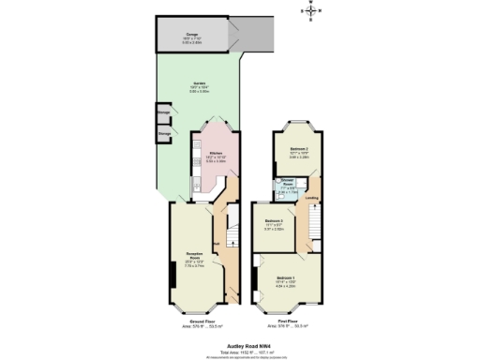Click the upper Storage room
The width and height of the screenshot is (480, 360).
(164, 113)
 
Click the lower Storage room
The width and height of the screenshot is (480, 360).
(164, 135)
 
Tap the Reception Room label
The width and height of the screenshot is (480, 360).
(194, 258)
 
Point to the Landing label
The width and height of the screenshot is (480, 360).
(311, 198)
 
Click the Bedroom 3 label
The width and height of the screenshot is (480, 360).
(274, 222)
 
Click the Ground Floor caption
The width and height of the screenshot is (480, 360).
(195, 322)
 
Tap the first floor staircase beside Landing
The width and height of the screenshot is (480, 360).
(315, 225)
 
